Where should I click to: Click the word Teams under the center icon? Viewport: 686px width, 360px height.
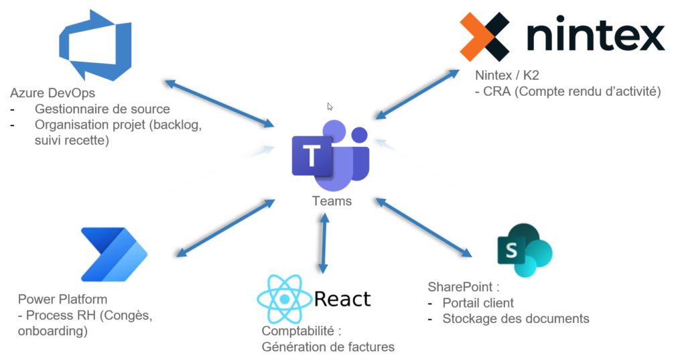point(332,201)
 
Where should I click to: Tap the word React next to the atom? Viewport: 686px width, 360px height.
point(342,299)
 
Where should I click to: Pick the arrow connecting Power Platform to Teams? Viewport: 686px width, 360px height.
point(225,229)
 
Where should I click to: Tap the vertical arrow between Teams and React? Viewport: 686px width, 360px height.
point(324,243)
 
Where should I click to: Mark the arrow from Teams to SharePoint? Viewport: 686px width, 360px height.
point(425,228)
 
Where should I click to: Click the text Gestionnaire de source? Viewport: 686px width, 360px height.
point(102,109)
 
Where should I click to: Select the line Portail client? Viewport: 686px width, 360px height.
point(478,302)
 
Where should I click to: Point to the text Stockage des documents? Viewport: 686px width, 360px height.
point(516,318)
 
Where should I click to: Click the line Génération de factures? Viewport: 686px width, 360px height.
point(328,347)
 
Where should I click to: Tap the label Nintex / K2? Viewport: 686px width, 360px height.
point(507,75)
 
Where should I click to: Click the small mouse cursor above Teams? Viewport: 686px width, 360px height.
point(330,106)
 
